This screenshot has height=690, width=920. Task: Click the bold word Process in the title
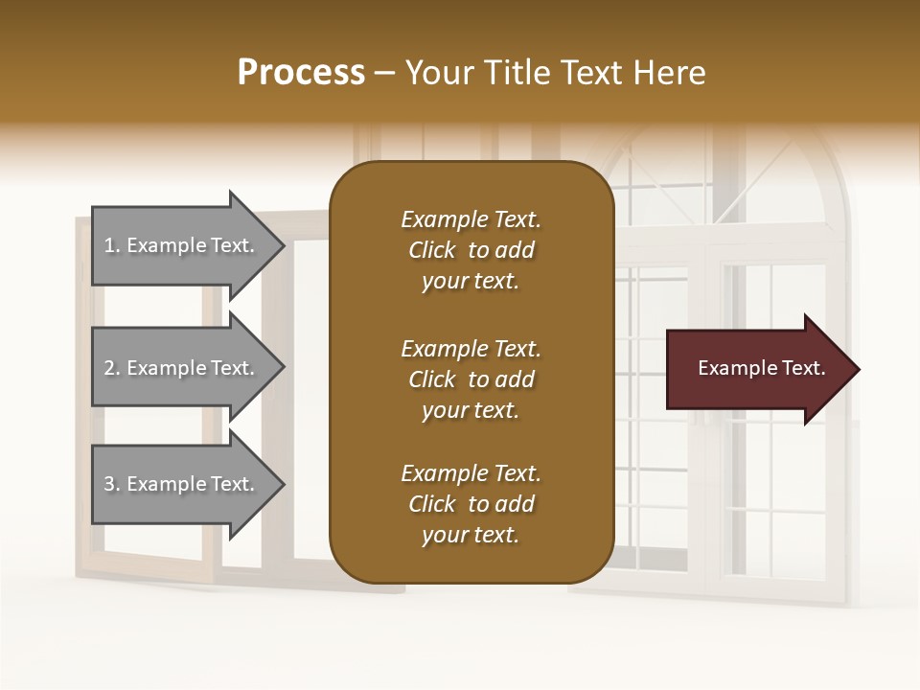coord(301,73)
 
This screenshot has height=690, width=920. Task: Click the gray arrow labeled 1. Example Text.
coord(182,245)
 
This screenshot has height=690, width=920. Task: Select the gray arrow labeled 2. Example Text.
coord(182,368)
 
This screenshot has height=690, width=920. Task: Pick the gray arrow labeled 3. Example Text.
coord(182,484)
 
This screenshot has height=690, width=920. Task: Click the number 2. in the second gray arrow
coord(111,368)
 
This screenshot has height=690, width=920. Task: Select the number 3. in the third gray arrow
coord(111,484)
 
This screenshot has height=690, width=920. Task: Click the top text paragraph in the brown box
coord(471,250)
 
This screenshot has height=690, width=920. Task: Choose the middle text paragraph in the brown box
coord(471,379)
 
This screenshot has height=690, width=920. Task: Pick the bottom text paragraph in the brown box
coord(471,504)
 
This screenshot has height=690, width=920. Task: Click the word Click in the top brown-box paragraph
coord(432,250)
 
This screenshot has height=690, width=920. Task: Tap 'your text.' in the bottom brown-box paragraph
coord(471,535)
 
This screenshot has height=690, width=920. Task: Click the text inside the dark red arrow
coord(761,368)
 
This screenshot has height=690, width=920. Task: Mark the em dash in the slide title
coord(385,74)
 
